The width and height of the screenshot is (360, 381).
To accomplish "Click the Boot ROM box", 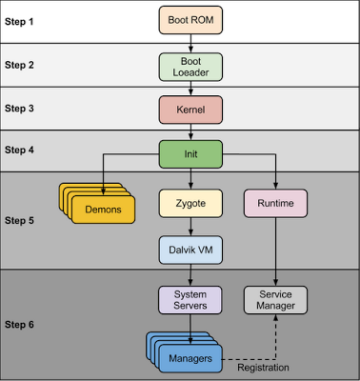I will coord(190,19).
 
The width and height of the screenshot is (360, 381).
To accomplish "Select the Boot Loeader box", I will coord(190,65).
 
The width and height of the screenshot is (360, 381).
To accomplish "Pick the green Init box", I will coord(190,152).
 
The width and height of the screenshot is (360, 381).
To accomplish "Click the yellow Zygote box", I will coord(190,202).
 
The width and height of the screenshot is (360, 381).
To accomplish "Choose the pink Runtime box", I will coord(275,202).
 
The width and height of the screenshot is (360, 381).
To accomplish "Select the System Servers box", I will coord(190,299).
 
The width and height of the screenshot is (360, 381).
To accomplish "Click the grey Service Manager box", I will coord(275,299).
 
